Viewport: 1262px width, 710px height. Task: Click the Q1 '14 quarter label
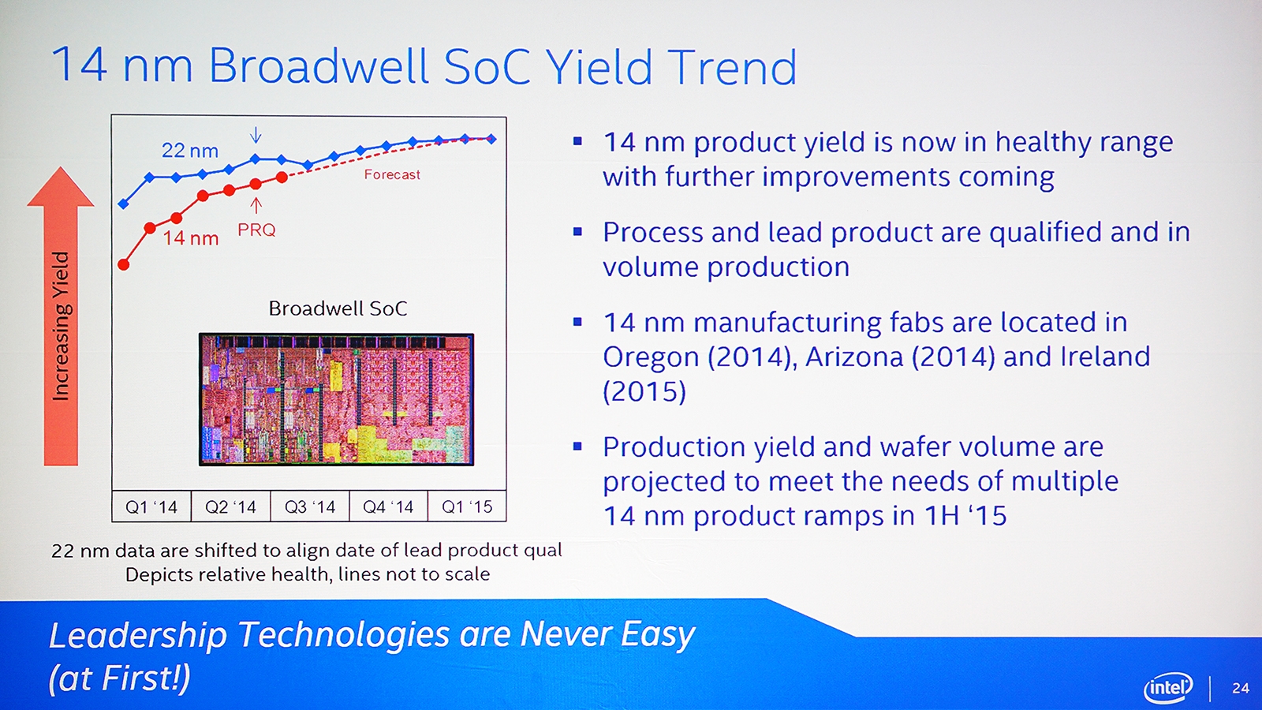(151, 507)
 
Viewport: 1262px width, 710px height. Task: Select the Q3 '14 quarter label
(310, 507)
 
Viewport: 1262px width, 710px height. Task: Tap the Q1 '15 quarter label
(467, 507)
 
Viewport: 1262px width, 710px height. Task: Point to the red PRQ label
(256, 230)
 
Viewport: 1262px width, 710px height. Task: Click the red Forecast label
(392, 174)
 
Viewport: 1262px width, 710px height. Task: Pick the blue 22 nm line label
(190, 151)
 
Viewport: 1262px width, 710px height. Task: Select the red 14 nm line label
(191, 238)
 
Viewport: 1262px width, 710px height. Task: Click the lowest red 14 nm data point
(123, 264)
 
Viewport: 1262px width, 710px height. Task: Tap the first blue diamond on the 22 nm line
(123, 204)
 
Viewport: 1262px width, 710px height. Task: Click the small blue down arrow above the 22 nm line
(256, 135)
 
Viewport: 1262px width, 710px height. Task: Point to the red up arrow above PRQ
(256, 205)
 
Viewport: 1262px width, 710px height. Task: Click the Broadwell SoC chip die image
(336, 399)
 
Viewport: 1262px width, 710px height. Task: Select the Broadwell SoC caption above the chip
(338, 308)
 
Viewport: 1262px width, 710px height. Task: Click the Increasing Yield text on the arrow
(61, 326)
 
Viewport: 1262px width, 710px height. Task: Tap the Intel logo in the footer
(1168, 687)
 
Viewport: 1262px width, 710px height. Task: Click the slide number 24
(1241, 688)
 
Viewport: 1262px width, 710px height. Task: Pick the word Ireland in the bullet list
(1105, 357)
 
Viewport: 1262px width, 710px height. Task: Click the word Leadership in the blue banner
(138, 636)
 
